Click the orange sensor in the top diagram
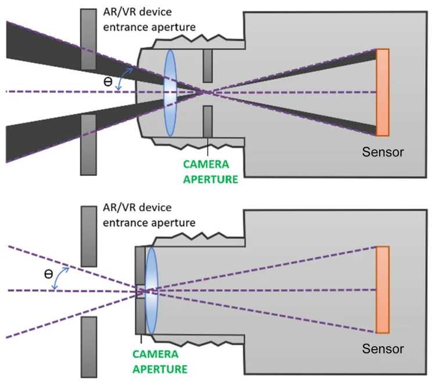[x=383, y=92]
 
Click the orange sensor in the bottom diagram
[x=383, y=289]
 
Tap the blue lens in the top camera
[x=170, y=92]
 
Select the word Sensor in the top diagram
[x=383, y=153]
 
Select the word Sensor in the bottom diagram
[x=383, y=349]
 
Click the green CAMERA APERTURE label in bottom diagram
[x=160, y=361]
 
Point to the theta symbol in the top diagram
[x=107, y=82]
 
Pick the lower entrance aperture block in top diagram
[x=88, y=144]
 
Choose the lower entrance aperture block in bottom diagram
[x=88, y=346]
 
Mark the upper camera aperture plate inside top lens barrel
[x=207, y=65]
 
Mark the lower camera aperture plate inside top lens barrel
[x=207, y=120]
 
